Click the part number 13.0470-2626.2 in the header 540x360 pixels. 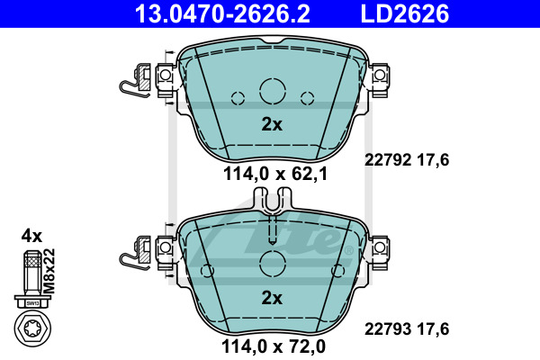(222, 13)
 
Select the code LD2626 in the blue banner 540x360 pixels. (405, 13)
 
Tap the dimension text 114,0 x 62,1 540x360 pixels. (275, 174)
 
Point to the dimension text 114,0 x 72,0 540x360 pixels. (274, 346)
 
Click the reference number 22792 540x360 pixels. (388, 160)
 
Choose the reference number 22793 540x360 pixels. (388, 329)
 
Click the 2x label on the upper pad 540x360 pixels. (272, 124)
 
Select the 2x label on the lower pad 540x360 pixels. (272, 298)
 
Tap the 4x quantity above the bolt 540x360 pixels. (31, 237)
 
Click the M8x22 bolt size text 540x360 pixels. (50, 271)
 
